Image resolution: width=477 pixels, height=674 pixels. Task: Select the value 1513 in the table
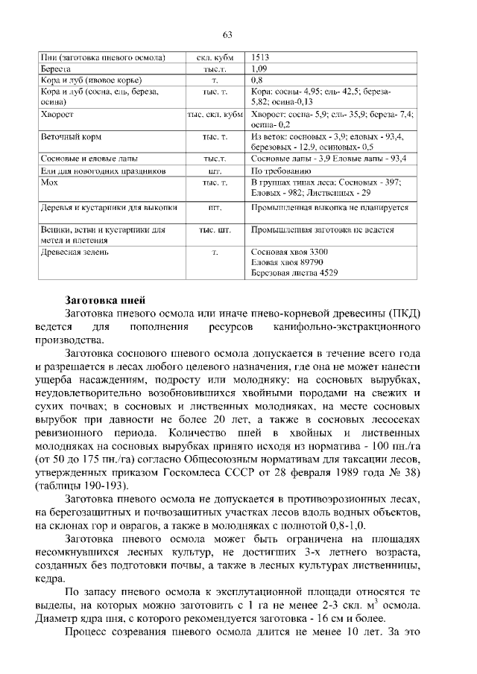(261, 57)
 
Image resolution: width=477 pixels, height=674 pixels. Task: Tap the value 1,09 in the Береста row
(259, 68)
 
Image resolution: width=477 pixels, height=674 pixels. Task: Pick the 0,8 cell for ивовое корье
(257, 79)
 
